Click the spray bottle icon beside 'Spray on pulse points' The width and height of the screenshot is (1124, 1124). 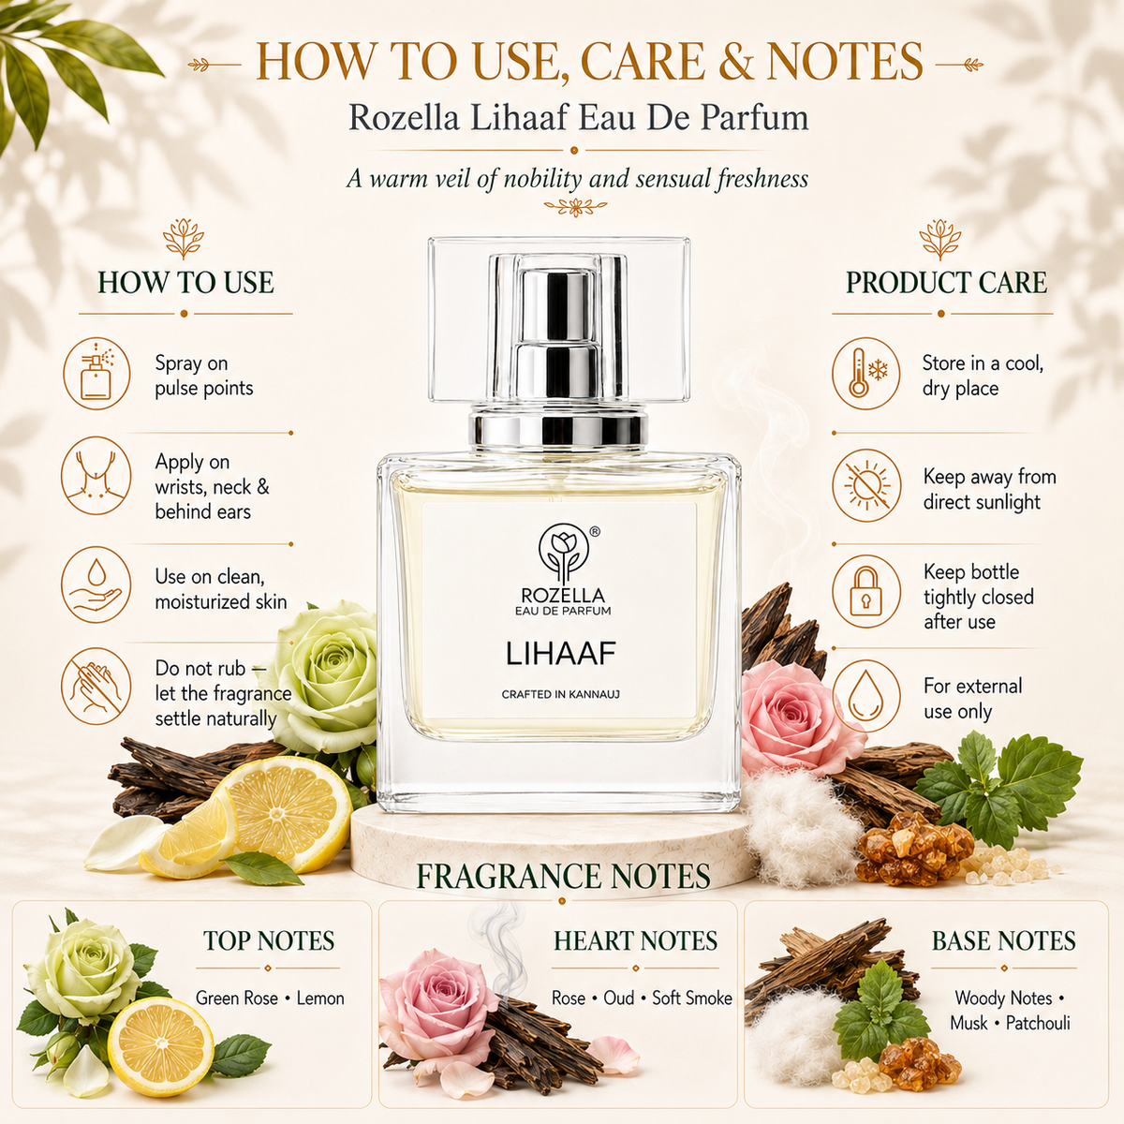click(96, 374)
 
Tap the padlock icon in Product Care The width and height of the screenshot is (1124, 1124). click(866, 590)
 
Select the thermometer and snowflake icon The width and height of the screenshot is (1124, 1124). click(866, 374)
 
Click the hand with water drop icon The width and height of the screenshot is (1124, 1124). click(96, 584)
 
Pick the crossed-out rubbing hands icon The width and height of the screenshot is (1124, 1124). click(96, 686)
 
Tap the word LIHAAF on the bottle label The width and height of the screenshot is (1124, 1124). click(560, 653)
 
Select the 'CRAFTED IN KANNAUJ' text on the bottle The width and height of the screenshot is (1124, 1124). click(560, 694)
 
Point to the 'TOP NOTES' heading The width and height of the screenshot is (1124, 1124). click(268, 941)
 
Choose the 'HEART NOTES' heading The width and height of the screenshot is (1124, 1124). click(635, 941)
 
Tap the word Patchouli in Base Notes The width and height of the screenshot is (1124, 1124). click(1038, 1023)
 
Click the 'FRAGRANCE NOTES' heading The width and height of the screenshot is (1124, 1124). click(564, 876)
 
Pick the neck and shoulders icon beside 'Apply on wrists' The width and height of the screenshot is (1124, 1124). click(96, 476)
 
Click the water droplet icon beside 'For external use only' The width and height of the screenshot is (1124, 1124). click(866, 697)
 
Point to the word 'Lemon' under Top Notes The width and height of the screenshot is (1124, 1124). click(320, 998)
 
